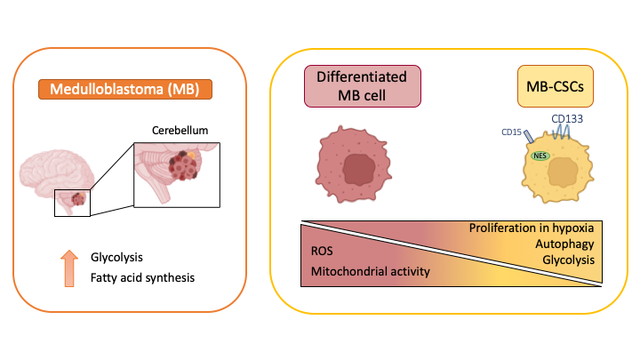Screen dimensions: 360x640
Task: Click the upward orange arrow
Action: tap(69, 266)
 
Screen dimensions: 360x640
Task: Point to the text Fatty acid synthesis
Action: tap(142, 277)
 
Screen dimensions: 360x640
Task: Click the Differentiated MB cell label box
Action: tap(362, 86)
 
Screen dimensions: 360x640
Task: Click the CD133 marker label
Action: tap(567, 118)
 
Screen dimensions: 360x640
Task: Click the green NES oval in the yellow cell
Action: tap(540, 156)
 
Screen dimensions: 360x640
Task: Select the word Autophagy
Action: tap(564, 243)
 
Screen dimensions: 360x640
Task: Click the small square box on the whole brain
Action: tap(72, 202)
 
